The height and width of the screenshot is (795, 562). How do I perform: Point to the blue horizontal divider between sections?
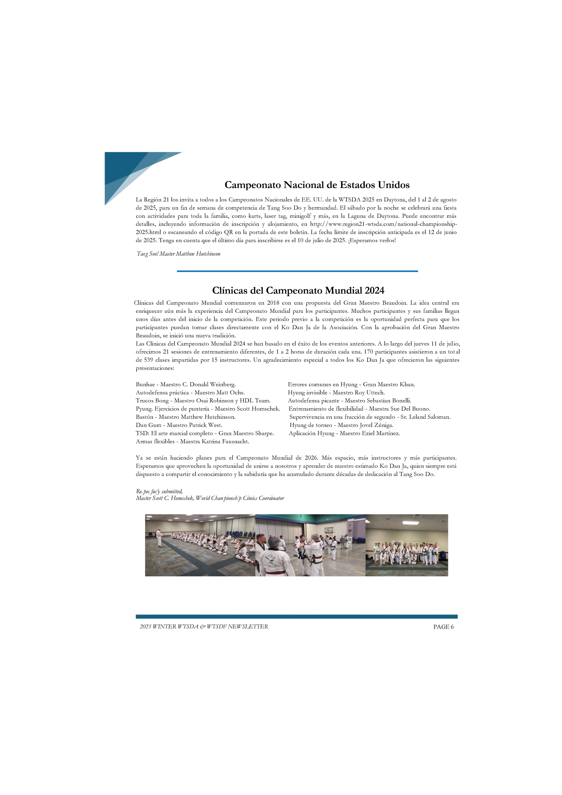pyautogui.click(x=297, y=271)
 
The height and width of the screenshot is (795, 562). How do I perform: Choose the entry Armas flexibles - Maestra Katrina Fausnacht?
pyautogui.click(x=192, y=441)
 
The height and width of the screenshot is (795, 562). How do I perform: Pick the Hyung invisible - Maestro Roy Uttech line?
pyautogui.click(x=336, y=393)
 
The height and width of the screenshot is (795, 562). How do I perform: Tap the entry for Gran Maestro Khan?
pyautogui.click(x=351, y=384)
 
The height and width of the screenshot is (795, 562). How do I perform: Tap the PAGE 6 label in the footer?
pyautogui.click(x=443, y=627)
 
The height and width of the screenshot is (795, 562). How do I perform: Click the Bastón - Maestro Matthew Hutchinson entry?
pyautogui.click(x=186, y=417)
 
